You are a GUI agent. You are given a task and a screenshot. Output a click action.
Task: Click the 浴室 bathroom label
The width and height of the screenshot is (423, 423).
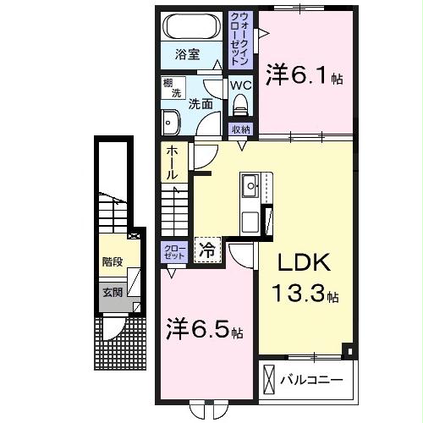coord(187,55)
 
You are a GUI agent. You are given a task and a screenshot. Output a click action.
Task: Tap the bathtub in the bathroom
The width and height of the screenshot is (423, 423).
coord(193,25)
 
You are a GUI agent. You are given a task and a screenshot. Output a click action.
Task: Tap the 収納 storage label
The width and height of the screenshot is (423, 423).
coord(240,129)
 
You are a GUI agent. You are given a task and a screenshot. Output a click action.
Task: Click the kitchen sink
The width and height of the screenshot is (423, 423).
coord(251,184)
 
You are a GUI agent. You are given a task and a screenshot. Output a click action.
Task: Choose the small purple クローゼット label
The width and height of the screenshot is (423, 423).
coord(174,252)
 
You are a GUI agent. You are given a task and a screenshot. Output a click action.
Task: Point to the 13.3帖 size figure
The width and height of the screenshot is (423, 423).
coord(305,295)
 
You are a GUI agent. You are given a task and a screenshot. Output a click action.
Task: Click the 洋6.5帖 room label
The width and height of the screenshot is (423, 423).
coord(204,328)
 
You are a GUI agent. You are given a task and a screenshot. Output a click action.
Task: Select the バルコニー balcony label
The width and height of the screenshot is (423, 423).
coord(312,378)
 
